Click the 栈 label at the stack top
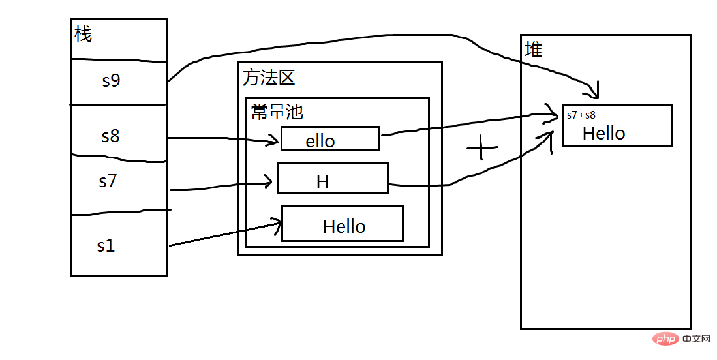coord(84,34)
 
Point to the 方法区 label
coord(269,78)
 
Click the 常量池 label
coord(277,112)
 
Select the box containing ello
coord(329,139)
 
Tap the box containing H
coord(332,179)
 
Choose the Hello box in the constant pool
coord(342,224)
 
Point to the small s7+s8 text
coord(581,115)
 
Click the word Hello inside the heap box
coord(603,133)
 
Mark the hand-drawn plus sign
coord(482,149)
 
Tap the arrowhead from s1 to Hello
coord(277,226)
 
